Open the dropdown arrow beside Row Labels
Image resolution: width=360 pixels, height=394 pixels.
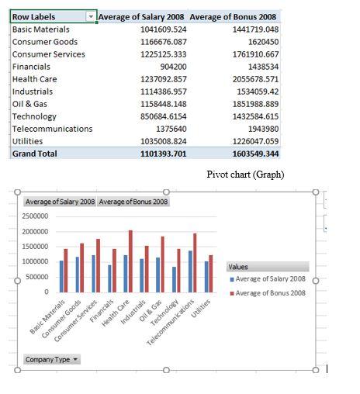click(x=92, y=16)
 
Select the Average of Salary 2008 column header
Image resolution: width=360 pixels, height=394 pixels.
click(x=141, y=16)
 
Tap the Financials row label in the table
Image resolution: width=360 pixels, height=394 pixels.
click(x=32, y=67)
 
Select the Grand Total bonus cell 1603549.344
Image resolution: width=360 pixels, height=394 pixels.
click(x=251, y=154)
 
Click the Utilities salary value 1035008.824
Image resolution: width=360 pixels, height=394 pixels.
click(x=163, y=141)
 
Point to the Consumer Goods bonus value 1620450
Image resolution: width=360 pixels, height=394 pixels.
click(x=259, y=42)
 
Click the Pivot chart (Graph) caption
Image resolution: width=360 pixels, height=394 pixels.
click(x=245, y=175)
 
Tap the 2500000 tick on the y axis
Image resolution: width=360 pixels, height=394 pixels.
click(x=36, y=216)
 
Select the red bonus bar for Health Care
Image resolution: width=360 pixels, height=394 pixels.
click(x=131, y=261)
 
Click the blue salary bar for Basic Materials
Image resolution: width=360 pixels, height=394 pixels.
click(x=62, y=276)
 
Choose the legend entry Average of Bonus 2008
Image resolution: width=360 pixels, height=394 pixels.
click(x=269, y=292)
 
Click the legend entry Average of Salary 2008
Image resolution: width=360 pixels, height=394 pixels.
click(x=269, y=279)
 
